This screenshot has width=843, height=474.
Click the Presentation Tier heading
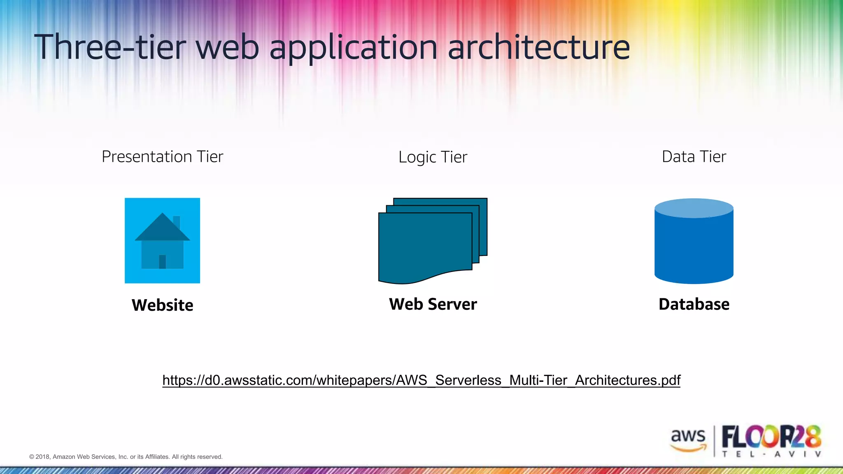[x=162, y=157]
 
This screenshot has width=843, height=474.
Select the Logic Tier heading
[x=433, y=157]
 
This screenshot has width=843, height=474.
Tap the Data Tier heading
[x=694, y=157]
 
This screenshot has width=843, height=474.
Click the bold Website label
[x=162, y=305]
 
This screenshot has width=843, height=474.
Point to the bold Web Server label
[x=433, y=304]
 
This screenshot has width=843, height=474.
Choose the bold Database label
[x=694, y=304]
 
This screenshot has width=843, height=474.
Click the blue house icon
[x=162, y=241]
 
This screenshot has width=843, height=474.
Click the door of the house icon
[x=162, y=262]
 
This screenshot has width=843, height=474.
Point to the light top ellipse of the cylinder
[x=694, y=208]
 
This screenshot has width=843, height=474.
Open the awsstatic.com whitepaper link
[x=421, y=380]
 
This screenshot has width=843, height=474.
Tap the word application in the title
[x=353, y=48]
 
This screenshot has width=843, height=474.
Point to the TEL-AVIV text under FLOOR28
[x=771, y=454]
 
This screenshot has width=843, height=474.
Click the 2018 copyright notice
[x=126, y=457]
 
